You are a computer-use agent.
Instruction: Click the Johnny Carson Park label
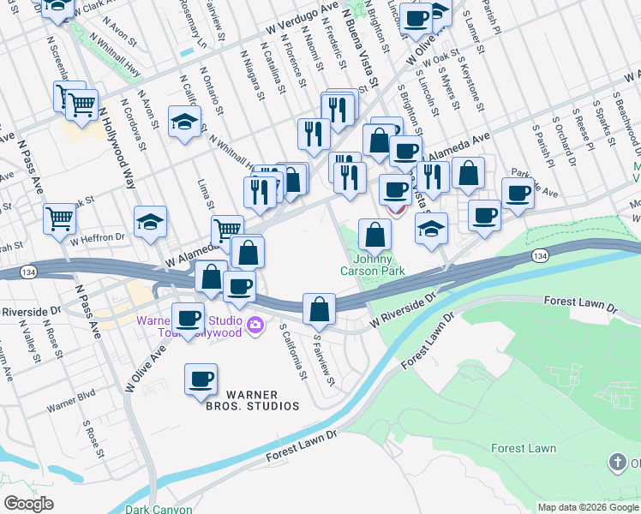(377, 265)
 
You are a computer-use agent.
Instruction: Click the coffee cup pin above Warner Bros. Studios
(201, 378)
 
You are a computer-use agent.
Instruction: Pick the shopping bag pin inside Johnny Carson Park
(375, 234)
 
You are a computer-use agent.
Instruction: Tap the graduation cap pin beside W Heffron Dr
(150, 223)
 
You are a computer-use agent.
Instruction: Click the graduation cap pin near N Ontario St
(185, 122)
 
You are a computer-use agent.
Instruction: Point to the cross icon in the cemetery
(617, 463)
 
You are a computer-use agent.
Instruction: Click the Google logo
(28, 504)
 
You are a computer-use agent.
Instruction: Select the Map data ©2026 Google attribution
(587, 507)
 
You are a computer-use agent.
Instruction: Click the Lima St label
(205, 194)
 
